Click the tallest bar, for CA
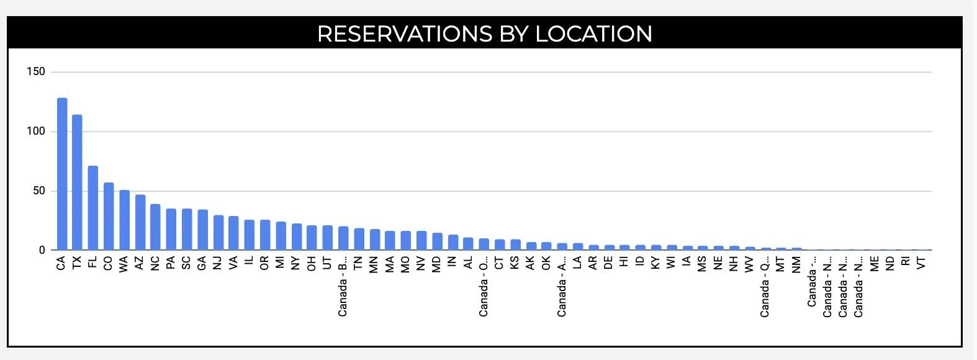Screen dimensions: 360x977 pos(62,174)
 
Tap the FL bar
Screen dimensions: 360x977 pos(92,208)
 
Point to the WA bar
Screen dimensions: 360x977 pos(124,220)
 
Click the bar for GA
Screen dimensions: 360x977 pos(202,230)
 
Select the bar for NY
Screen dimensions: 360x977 pos(297,237)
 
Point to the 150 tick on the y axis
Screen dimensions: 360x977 pos(36,72)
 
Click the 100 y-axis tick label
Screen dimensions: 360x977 pos(36,132)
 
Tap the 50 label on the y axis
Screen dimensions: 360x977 pos(38,191)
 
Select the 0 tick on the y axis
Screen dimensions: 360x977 pos(42,250)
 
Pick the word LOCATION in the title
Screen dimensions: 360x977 pos(593,34)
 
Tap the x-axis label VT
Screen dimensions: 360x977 pos(921,263)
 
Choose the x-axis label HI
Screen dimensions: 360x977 pos(624,262)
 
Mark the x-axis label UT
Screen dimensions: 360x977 pos(327,263)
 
